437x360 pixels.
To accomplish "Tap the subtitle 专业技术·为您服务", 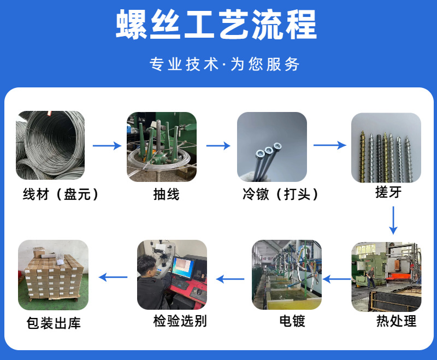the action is [x=225, y=64].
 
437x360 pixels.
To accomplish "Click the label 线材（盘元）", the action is [x=61, y=194].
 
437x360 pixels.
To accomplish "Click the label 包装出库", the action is [x=54, y=323].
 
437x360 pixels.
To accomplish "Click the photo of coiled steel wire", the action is [x=50, y=146].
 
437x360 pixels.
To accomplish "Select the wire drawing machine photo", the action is [x=161, y=146].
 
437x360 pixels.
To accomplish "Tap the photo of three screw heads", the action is [x=271, y=146].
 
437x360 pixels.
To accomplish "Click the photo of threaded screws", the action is [x=386, y=146].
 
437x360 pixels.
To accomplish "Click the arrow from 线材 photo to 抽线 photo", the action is [x=107, y=146].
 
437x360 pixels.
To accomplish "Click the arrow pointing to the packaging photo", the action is [x=113, y=277].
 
